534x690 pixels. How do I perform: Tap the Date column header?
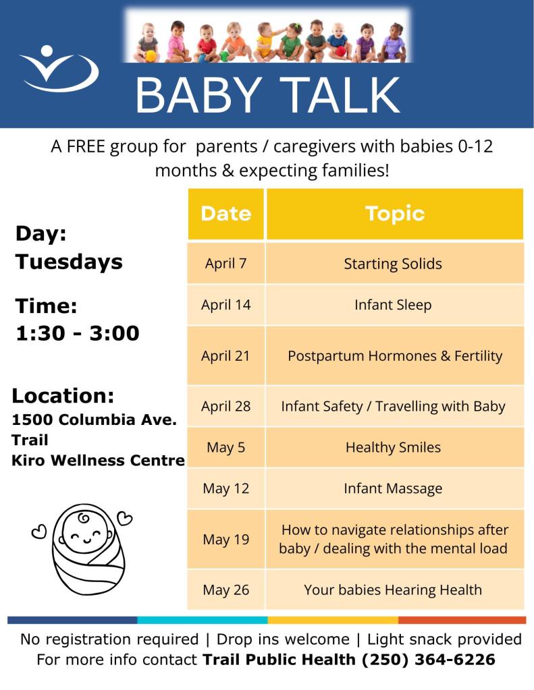coord(226,214)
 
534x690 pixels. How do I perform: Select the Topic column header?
coord(395,214)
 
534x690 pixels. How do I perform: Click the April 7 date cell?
coord(226,263)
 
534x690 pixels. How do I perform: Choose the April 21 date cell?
coord(226,355)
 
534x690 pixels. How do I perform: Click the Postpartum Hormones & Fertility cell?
coord(395,355)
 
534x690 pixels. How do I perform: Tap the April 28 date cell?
coord(226,406)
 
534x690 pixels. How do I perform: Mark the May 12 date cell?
coord(226,488)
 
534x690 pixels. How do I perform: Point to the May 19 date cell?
coord(226,539)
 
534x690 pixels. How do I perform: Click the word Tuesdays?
coord(69,262)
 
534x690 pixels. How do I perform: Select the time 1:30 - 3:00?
coord(78,333)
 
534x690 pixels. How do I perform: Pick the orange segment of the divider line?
coord(462,620)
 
